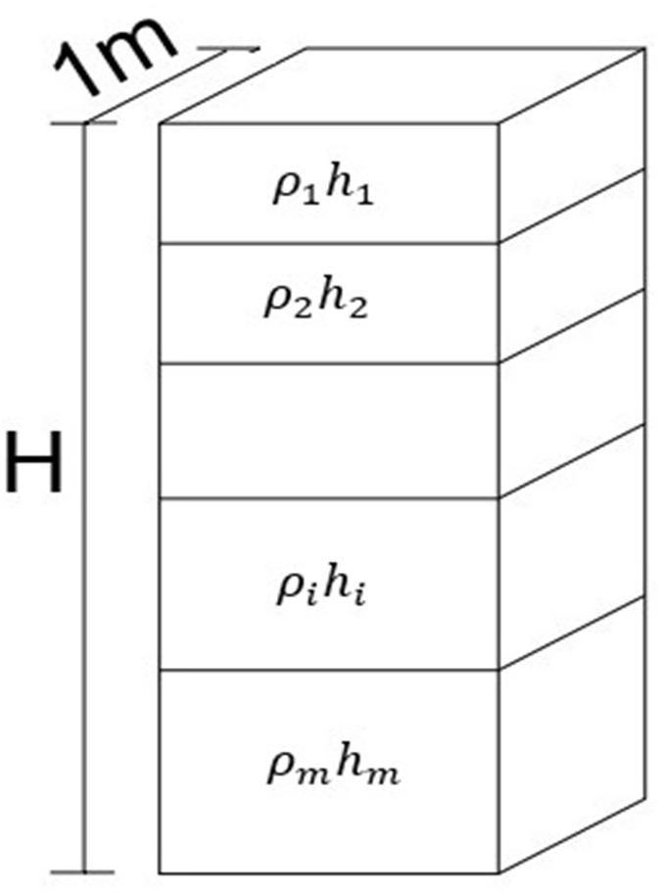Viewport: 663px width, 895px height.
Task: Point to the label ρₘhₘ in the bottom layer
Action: click(334, 770)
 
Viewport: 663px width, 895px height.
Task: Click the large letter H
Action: click(35, 464)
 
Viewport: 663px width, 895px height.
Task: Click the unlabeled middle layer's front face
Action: click(329, 431)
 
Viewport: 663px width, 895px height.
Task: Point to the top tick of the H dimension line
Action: click(84, 123)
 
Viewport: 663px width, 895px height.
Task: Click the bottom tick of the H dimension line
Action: click(84, 871)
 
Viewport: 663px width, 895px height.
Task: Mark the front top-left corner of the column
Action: click(160, 123)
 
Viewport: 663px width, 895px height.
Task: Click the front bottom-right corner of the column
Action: click(499, 871)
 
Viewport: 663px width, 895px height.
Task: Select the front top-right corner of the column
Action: click(499, 123)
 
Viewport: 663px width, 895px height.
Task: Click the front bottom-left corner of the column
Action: click(160, 871)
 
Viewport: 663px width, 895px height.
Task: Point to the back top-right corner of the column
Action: click(645, 47)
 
